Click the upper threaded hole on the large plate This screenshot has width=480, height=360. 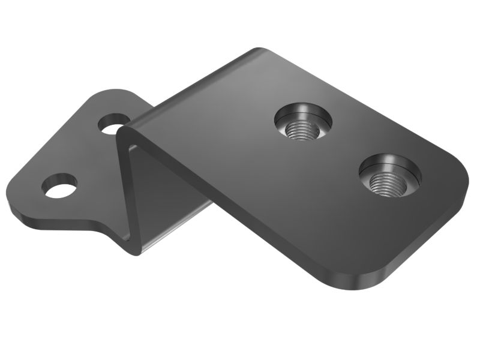pyautogui.click(x=303, y=122)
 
